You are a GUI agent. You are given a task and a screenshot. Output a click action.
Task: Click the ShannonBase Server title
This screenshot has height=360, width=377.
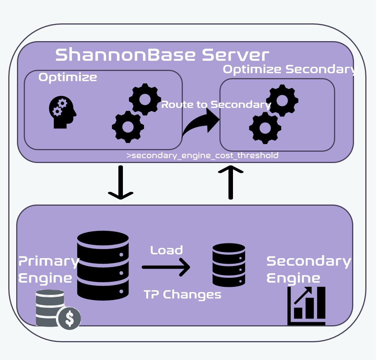click(x=162, y=55)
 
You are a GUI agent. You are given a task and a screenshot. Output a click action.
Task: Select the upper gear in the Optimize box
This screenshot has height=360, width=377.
click(x=145, y=99)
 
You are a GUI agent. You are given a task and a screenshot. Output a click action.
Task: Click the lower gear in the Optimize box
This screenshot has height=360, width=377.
click(x=128, y=127)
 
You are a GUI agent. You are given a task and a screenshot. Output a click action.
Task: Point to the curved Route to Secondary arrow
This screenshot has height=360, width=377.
click(x=202, y=122)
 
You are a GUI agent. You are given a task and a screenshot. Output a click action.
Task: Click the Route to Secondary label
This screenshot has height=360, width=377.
click(x=216, y=105)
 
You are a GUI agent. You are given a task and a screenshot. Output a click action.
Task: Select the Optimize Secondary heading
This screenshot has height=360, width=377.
click(x=290, y=69)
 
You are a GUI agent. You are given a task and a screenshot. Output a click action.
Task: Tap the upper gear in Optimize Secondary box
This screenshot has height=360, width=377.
click(x=282, y=100)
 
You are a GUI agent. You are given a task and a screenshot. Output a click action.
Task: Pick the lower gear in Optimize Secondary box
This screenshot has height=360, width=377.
click(x=265, y=128)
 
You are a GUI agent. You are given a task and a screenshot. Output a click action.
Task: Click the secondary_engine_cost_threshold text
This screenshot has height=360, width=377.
click(x=202, y=155)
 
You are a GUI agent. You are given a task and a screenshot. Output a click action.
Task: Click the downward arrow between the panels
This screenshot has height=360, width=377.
click(x=121, y=183)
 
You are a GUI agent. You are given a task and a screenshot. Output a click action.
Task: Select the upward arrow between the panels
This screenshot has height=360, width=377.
click(x=231, y=182)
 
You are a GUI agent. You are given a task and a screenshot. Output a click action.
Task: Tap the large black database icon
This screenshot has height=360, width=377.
click(x=103, y=266)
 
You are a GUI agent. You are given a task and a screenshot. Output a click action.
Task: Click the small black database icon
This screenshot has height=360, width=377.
click(x=229, y=265)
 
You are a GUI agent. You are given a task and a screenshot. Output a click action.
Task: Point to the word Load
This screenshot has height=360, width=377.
click(x=167, y=250)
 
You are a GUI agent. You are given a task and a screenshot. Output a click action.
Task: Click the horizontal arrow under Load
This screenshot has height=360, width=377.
click(x=166, y=267)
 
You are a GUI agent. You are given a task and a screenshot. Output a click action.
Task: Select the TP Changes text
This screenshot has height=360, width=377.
click(x=182, y=294)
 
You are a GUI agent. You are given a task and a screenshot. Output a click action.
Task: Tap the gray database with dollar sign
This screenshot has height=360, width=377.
click(x=58, y=309)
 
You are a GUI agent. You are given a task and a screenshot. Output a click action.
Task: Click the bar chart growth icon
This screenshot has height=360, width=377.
click(x=307, y=306)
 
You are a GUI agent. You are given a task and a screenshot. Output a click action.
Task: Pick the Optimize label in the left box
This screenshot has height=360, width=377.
click(x=68, y=77)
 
